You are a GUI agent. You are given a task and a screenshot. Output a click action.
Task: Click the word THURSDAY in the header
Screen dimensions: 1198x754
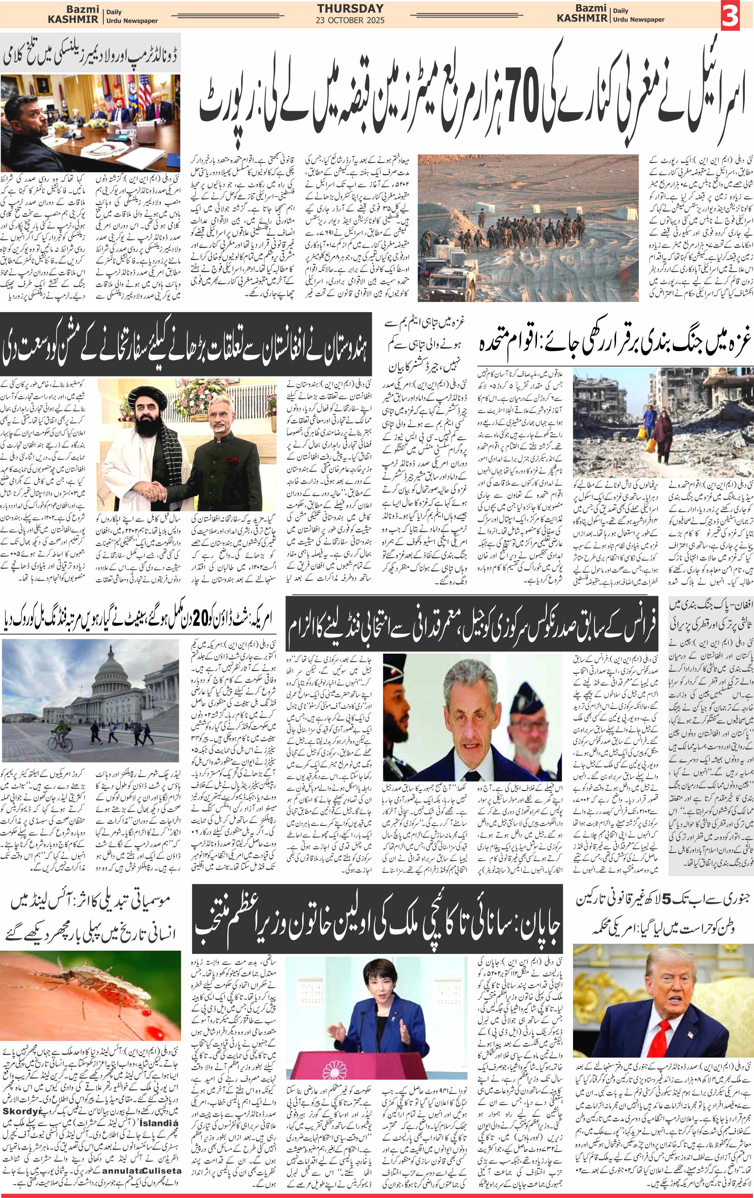coord(350,8)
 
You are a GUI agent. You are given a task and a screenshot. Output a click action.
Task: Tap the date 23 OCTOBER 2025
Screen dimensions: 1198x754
coord(350,20)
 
